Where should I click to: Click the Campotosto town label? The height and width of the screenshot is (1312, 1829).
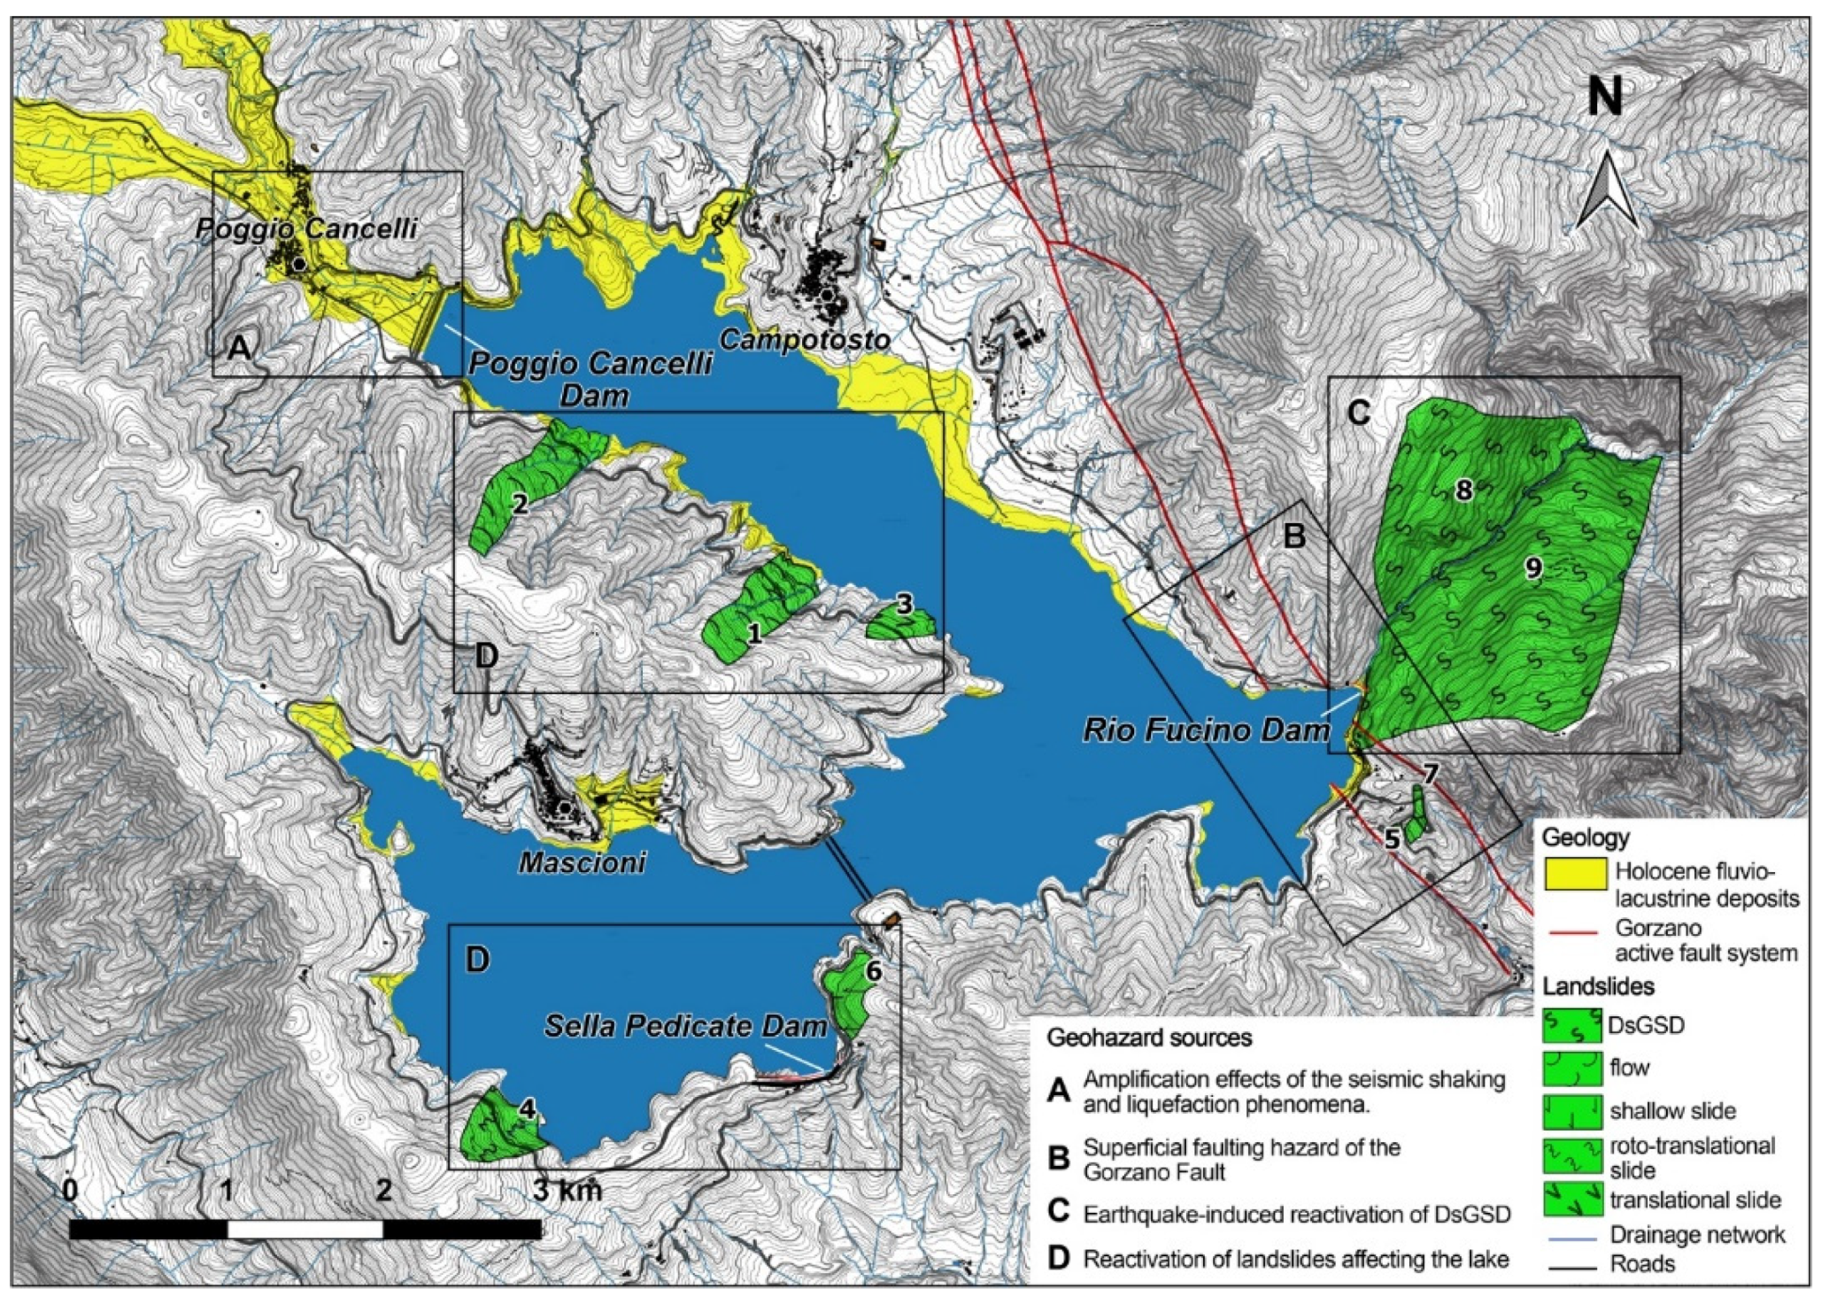pyautogui.click(x=804, y=339)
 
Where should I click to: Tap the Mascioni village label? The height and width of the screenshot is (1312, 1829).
pyautogui.click(x=582, y=861)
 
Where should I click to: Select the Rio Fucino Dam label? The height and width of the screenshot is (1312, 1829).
pyautogui.click(x=1206, y=729)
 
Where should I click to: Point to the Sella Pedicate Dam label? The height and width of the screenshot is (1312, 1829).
pyautogui.click(x=685, y=1026)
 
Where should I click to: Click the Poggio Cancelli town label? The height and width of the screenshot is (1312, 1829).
pyautogui.click(x=306, y=228)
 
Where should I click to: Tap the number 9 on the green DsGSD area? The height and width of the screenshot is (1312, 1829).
pyautogui.click(x=1533, y=567)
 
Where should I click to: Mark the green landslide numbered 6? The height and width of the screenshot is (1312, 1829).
pyautogui.click(x=850, y=992)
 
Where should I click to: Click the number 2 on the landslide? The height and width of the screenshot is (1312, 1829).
pyautogui.click(x=520, y=504)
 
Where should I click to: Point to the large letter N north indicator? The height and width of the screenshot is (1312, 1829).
pyautogui.click(x=1604, y=97)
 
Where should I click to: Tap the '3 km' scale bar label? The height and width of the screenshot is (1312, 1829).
pyautogui.click(x=567, y=1190)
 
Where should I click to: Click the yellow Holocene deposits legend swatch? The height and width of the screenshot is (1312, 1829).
pyautogui.click(x=1575, y=873)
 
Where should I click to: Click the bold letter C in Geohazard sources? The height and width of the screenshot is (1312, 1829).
pyautogui.click(x=1058, y=1211)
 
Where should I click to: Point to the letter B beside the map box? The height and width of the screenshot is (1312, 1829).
pyautogui.click(x=1293, y=536)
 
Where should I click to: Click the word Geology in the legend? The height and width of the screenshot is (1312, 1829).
pyautogui.click(x=1585, y=837)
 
